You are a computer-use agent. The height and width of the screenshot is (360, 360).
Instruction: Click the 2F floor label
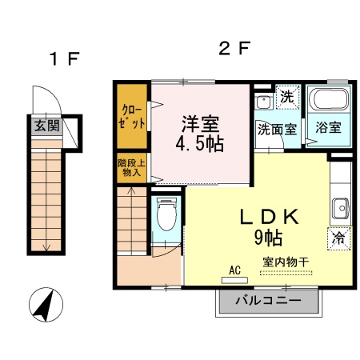(235, 49)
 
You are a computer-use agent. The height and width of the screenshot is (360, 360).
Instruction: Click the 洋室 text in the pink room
(200, 125)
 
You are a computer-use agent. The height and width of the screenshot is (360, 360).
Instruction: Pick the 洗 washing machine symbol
(287, 98)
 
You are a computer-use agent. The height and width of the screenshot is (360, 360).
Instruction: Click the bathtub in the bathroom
(330, 102)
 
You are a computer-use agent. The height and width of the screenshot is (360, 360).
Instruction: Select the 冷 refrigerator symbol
(338, 238)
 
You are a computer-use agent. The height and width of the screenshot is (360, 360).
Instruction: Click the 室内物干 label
(286, 262)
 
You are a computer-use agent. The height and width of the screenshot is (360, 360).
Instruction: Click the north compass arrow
(46, 306)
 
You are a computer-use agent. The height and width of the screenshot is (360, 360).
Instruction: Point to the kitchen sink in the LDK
(340, 206)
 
